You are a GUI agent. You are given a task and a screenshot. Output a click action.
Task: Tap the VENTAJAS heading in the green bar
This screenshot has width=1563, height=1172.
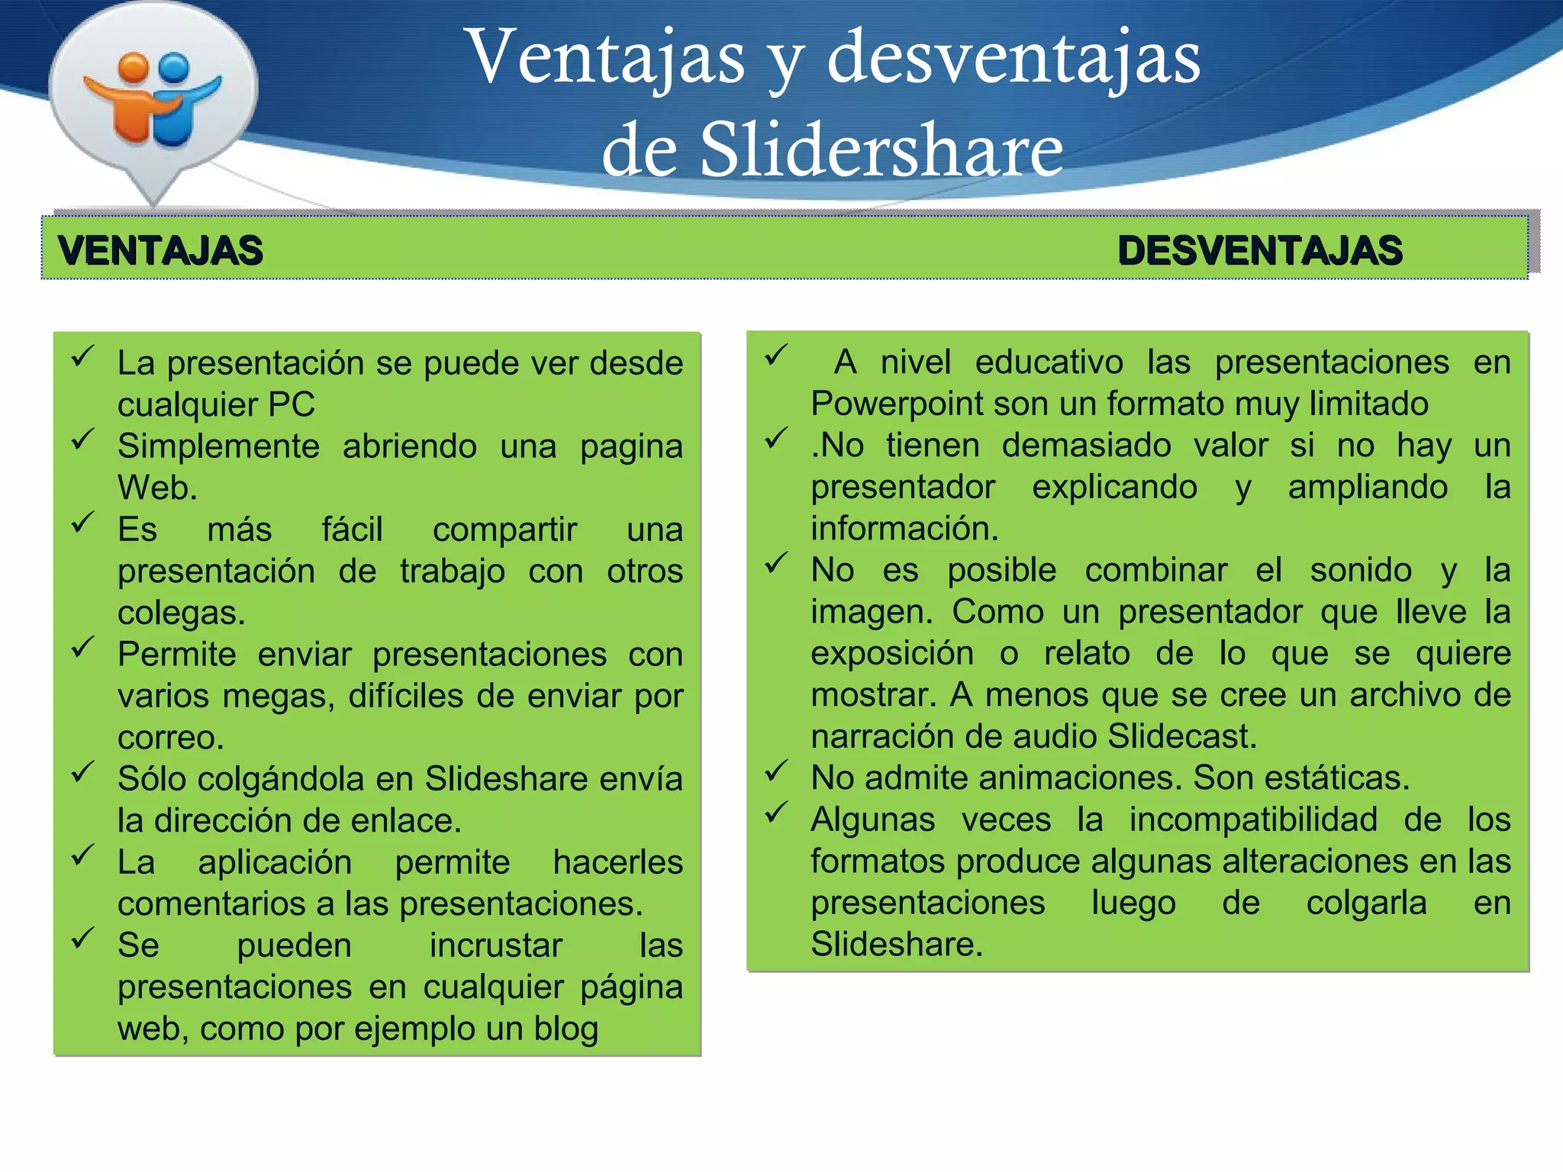(160, 251)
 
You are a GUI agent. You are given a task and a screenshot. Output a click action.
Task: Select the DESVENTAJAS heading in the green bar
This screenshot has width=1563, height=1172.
(1260, 251)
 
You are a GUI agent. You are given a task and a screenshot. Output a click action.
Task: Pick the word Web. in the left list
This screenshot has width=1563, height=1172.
(157, 488)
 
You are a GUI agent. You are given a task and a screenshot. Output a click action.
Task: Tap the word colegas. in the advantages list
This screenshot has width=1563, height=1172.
(182, 613)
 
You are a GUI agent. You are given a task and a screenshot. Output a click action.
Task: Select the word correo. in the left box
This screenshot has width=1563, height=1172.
(171, 738)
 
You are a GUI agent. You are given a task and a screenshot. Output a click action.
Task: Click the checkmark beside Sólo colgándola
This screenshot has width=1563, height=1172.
(82, 772)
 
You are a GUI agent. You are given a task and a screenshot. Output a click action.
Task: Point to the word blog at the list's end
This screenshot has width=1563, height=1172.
(566, 1029)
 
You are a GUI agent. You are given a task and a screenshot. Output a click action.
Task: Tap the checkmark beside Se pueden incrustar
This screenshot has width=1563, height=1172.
(82, 939)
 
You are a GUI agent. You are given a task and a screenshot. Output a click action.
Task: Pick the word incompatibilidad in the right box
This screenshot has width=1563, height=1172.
(1253, 819)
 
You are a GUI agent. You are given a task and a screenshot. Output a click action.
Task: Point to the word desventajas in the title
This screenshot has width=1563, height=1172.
(1014, 58)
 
